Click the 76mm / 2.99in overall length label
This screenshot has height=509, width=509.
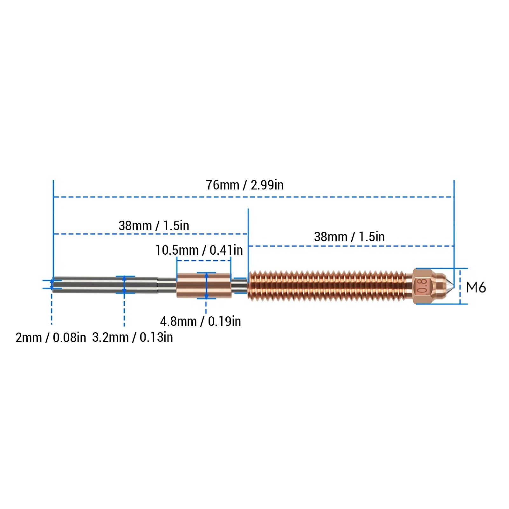244,185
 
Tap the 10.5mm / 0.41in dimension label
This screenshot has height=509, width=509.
199,250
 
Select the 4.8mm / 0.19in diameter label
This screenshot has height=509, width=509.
200,321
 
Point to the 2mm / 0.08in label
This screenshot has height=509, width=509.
51,337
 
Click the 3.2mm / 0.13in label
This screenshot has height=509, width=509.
133,337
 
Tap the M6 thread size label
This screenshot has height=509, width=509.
476,287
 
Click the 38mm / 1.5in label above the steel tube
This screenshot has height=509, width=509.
154,225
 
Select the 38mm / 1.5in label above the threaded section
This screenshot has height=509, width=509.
349,237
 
